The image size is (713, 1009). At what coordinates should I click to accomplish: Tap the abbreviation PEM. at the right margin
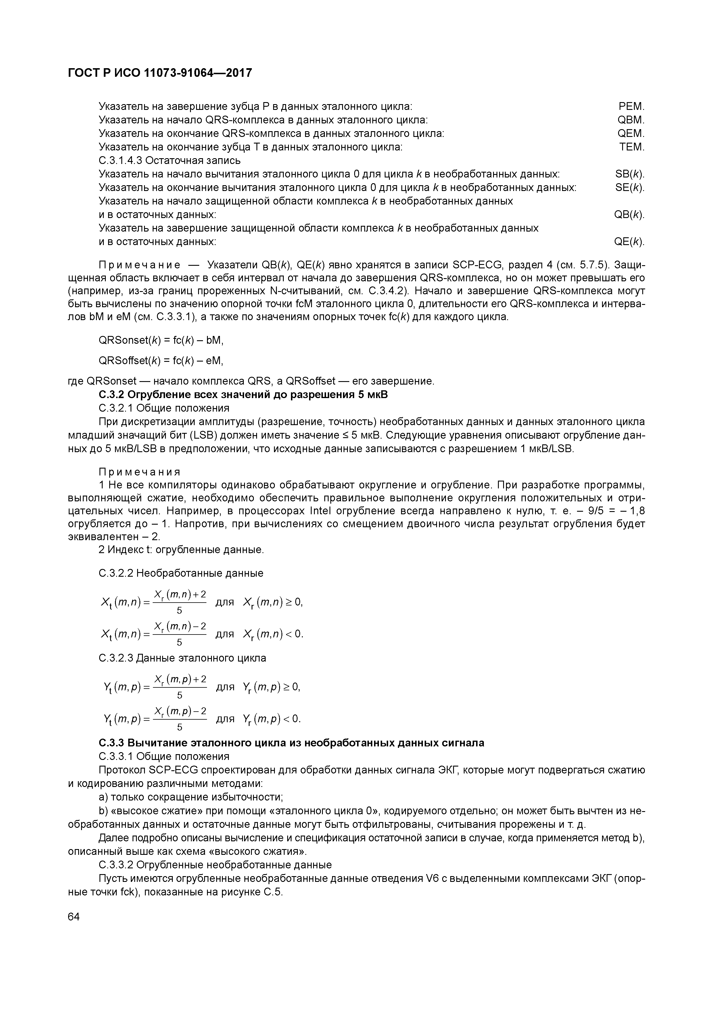631,106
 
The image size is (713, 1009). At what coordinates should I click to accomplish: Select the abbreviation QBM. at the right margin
630,120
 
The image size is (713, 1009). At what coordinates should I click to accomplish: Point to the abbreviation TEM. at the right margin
631,147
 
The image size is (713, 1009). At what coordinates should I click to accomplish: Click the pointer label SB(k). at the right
630,175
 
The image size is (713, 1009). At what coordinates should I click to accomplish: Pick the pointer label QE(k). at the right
629,242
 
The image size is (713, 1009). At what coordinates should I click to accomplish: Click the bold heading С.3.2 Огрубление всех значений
244,395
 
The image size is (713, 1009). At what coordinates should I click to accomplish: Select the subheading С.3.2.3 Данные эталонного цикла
182,658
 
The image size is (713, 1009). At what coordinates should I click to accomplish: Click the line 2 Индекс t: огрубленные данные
181,550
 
